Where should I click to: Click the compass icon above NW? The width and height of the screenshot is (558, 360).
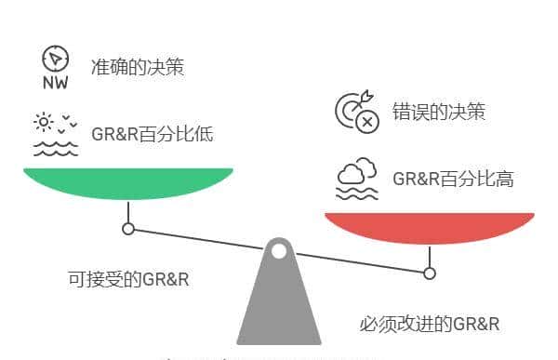tap(56, 59)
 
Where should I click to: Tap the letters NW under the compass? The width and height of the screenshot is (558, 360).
tap(56, 82)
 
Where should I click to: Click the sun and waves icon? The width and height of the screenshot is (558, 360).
tap(56, 133)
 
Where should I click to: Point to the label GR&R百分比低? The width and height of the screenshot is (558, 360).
tap(153, 134)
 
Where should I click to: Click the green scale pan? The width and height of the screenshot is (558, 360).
tap(127, 182)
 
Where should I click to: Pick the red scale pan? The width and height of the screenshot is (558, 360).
tap(429, 227)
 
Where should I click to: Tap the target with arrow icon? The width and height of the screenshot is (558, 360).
tap(356, 111)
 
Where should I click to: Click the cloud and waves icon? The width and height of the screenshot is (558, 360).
tap(356, 179)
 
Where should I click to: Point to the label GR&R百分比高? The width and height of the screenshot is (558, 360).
tap(453, 179)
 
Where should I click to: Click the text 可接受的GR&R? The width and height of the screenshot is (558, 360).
tap(128, 278)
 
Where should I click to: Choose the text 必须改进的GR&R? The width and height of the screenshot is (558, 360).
tap(430, 324)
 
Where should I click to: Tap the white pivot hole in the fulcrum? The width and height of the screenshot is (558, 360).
tap(279, 249)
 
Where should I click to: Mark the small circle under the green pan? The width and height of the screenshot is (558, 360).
tap(128, 228)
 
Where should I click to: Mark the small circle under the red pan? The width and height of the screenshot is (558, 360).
tap(430, 273)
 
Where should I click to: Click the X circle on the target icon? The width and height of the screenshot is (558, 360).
tap(368, 121)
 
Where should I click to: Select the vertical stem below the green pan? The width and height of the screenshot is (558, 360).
tap(128, 210)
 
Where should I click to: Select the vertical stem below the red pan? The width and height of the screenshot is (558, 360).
tap(430, 255)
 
